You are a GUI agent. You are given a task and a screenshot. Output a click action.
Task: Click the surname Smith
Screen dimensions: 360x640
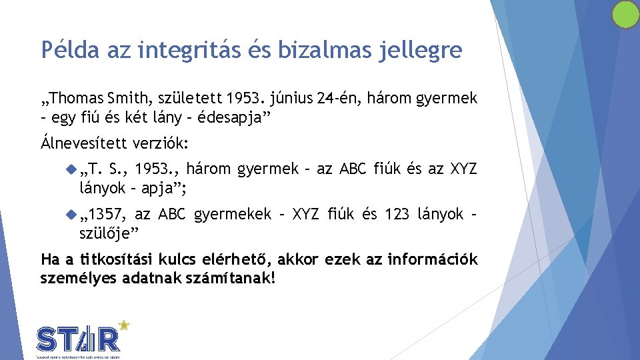(129, 99)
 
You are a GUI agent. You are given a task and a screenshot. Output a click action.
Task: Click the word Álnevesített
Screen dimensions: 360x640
(82, 143)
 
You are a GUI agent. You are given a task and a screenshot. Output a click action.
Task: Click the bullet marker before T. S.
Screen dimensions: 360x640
(73, 169)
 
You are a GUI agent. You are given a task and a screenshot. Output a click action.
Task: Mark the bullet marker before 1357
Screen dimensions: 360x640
(73, 214)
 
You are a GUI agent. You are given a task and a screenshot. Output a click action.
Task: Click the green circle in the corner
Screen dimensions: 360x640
(626, 15)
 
